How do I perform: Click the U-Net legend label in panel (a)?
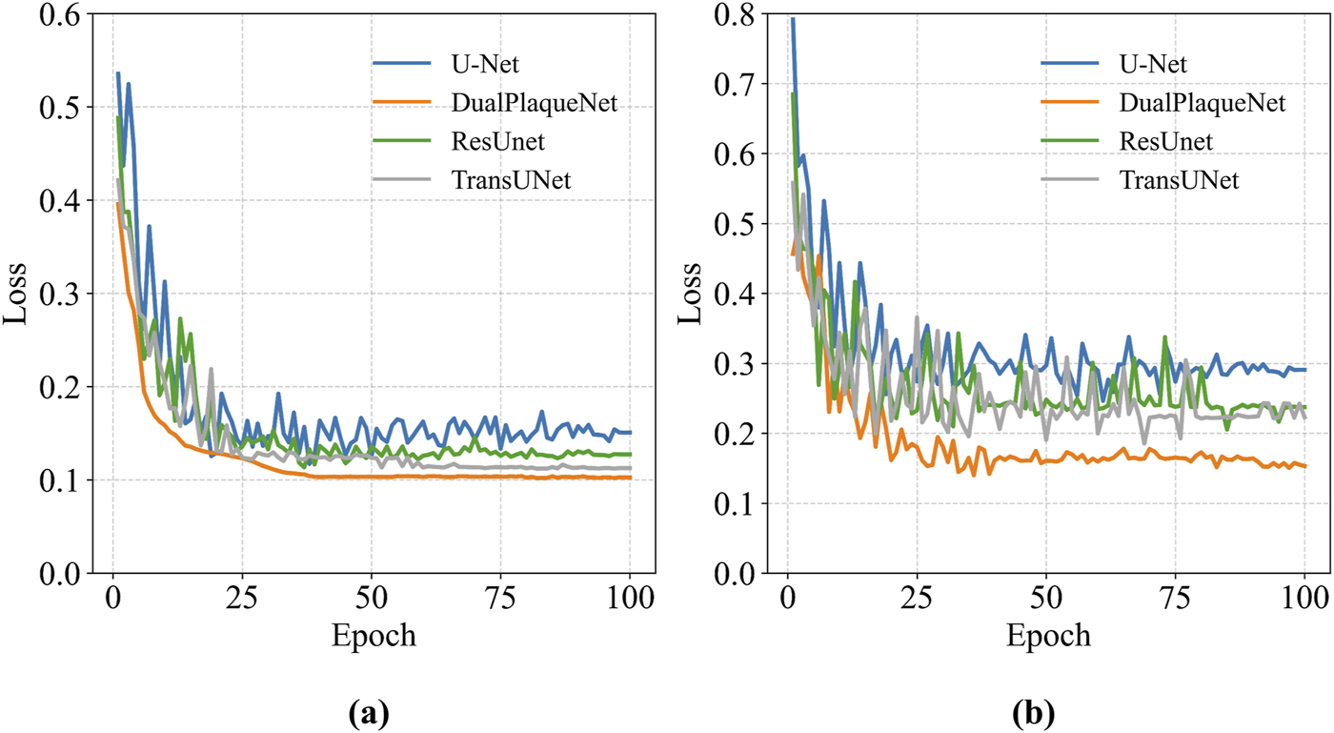pyautogui.click(x=486, y=65)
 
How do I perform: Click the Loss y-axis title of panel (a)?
pyautogui.click(x=16, y=294)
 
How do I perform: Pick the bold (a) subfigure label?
pyautogui.click(x=370, y=711)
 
